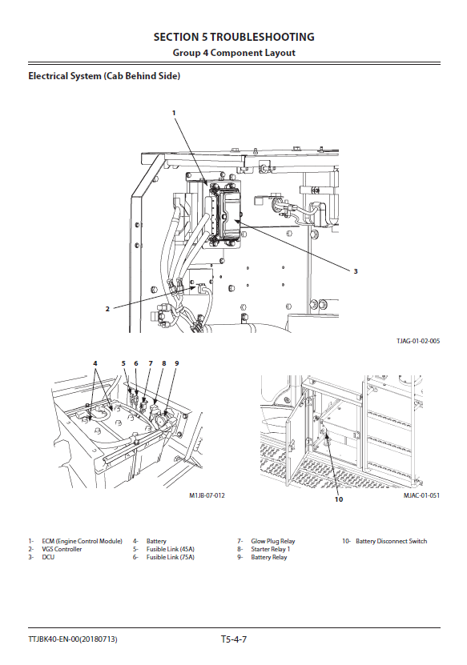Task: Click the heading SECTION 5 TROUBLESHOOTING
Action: [234, 38]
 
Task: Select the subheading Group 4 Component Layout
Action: [234, 53]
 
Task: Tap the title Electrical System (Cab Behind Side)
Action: [104, 76]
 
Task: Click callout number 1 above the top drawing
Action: [174, 113]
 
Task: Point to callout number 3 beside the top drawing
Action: [356, 271]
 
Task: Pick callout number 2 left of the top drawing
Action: [107, 309]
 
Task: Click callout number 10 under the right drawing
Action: [338, 499]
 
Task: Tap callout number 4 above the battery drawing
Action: [95, 363]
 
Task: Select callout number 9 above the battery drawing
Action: [177, 363]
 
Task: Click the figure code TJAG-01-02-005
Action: [418, 341]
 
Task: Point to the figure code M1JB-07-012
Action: [207, 495]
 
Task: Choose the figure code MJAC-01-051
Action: [421, 495]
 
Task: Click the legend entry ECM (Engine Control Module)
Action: [82, 541]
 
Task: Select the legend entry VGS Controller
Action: [62, 549]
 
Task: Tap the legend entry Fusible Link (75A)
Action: [171, 557]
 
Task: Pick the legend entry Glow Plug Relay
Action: [272, 541]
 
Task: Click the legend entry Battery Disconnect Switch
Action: [391, 541]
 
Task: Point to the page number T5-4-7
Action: [234, 639]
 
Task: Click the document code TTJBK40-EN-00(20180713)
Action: [73, 639]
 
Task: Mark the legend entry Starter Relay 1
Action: [271, 549]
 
